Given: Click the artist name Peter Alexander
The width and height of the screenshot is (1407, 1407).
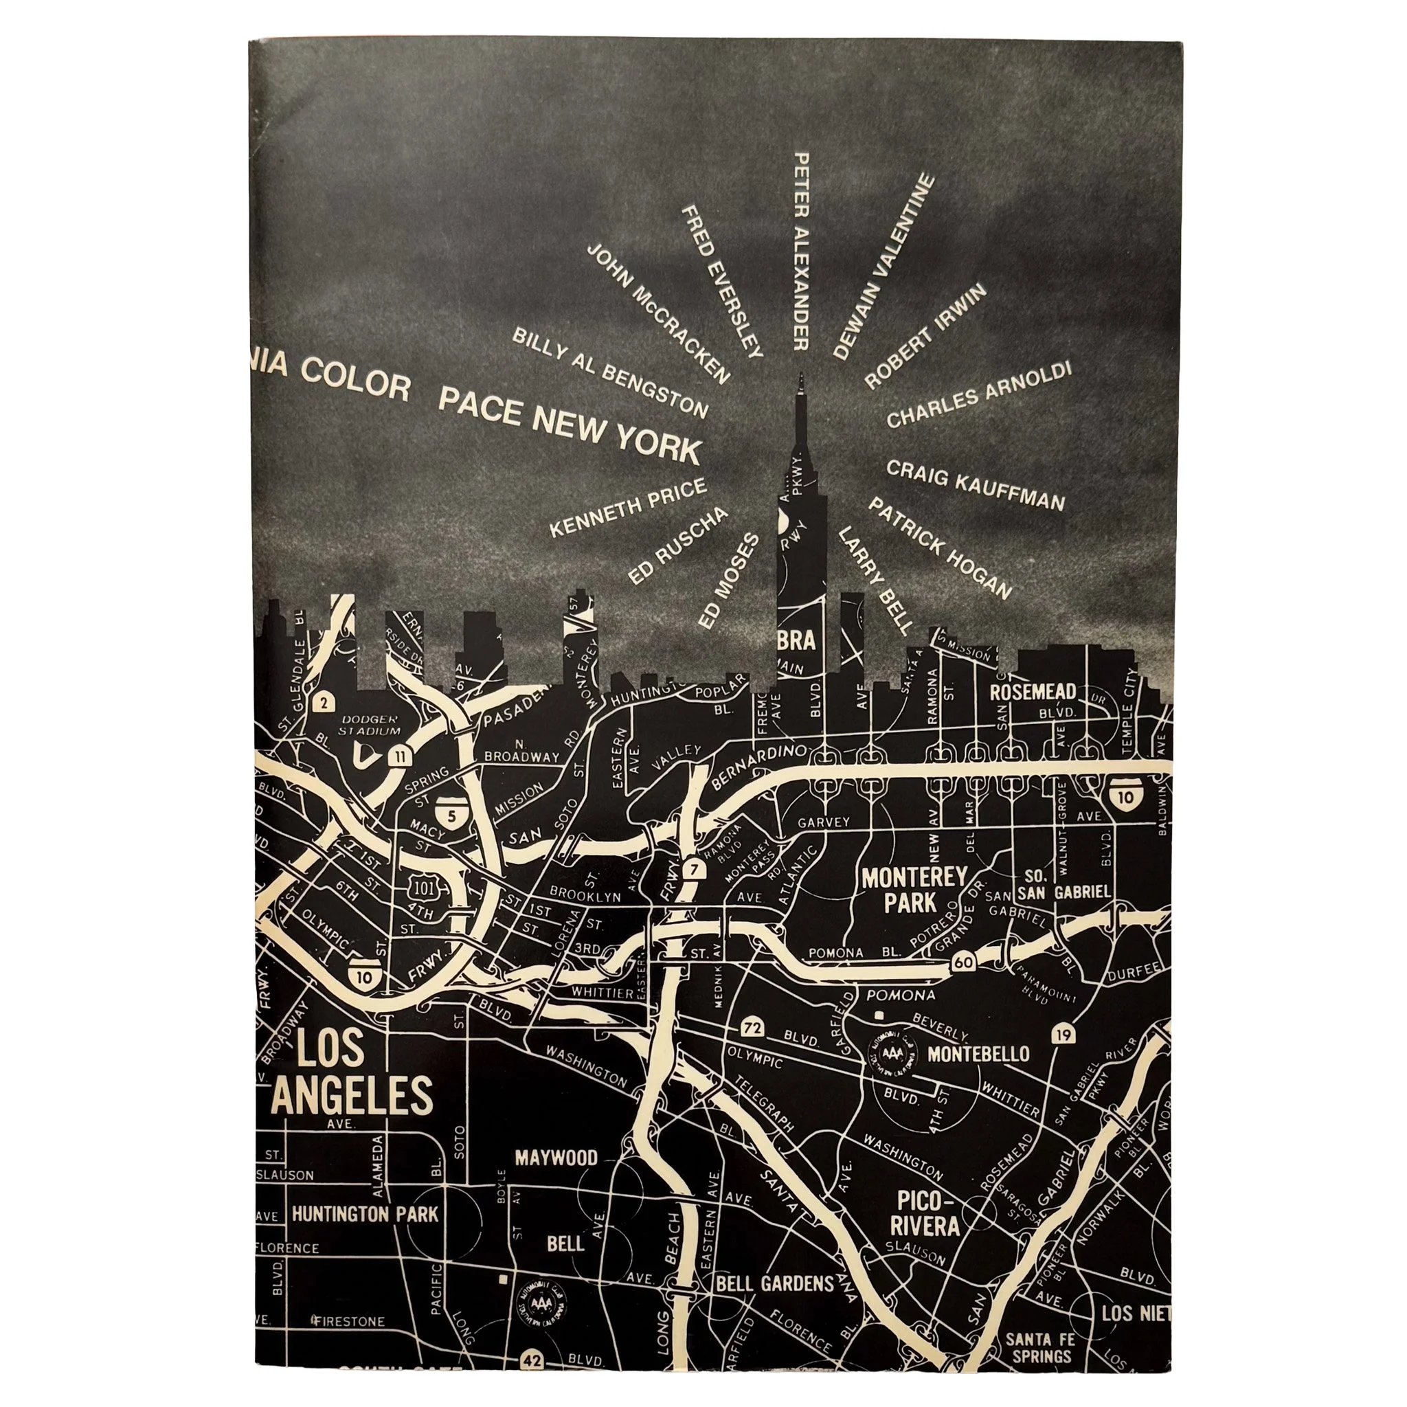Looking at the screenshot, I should (800, 251).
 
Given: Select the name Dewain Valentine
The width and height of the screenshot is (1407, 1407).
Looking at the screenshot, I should (883, 266).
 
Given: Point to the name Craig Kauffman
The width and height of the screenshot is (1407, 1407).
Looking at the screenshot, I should (975, 485).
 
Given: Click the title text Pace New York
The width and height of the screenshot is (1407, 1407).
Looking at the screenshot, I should (569, 426).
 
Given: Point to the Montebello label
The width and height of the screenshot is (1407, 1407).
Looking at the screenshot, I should (978, 1054).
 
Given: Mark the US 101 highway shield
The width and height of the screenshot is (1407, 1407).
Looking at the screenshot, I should (423, 887).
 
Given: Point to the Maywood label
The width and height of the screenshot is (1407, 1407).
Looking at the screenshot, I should (556, 1157).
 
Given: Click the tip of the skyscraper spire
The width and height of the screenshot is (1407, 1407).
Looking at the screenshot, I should (801, 374).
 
